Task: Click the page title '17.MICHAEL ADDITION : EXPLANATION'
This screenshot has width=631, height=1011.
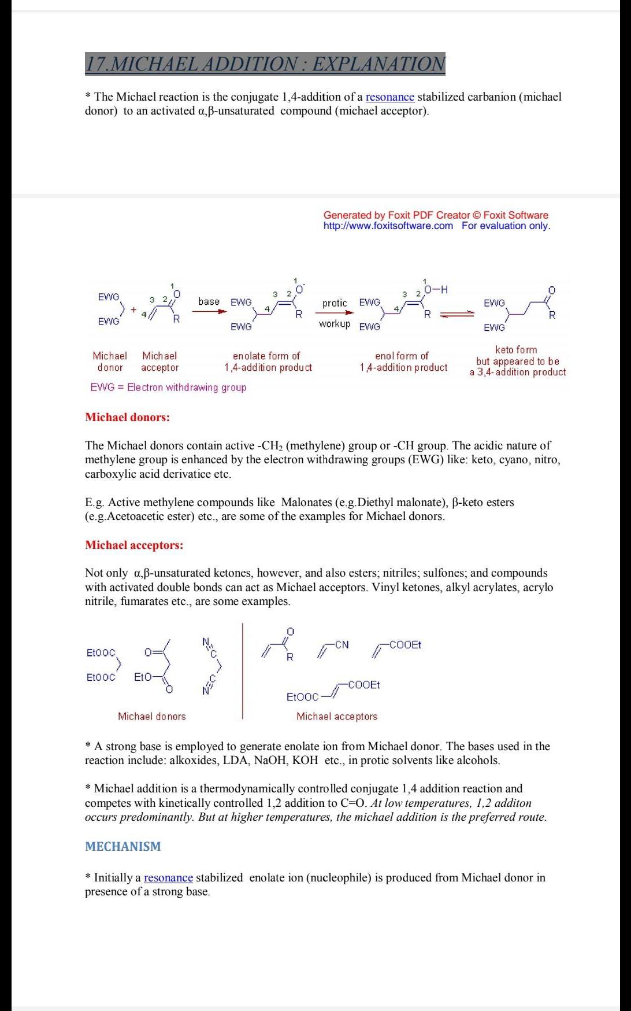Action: point(265,63)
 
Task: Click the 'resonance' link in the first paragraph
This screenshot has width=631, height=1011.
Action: point(389,97)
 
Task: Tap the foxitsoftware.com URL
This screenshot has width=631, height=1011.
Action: point(388,226)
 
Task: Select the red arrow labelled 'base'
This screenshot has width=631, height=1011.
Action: point(209,311)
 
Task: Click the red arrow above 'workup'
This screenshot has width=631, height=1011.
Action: point(335,312)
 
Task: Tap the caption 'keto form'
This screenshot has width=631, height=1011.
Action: point(516,350)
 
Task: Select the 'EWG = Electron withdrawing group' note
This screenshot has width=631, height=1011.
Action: point(168,388)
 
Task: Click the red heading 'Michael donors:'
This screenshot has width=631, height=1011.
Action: point(127,417)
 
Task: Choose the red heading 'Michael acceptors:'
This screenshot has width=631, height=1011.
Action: point(134,545)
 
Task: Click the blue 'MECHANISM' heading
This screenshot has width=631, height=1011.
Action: point(123,847)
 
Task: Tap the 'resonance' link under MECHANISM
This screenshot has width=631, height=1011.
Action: point(168,877)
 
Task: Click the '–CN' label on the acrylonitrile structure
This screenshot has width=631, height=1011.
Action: point(340,644)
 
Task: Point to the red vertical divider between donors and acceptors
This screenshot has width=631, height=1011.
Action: point(243,671)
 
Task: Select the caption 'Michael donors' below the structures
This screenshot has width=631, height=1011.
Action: point(152,716)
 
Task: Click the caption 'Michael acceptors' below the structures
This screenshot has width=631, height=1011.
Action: point(337,716)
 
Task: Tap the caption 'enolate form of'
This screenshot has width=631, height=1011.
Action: point(266,356)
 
